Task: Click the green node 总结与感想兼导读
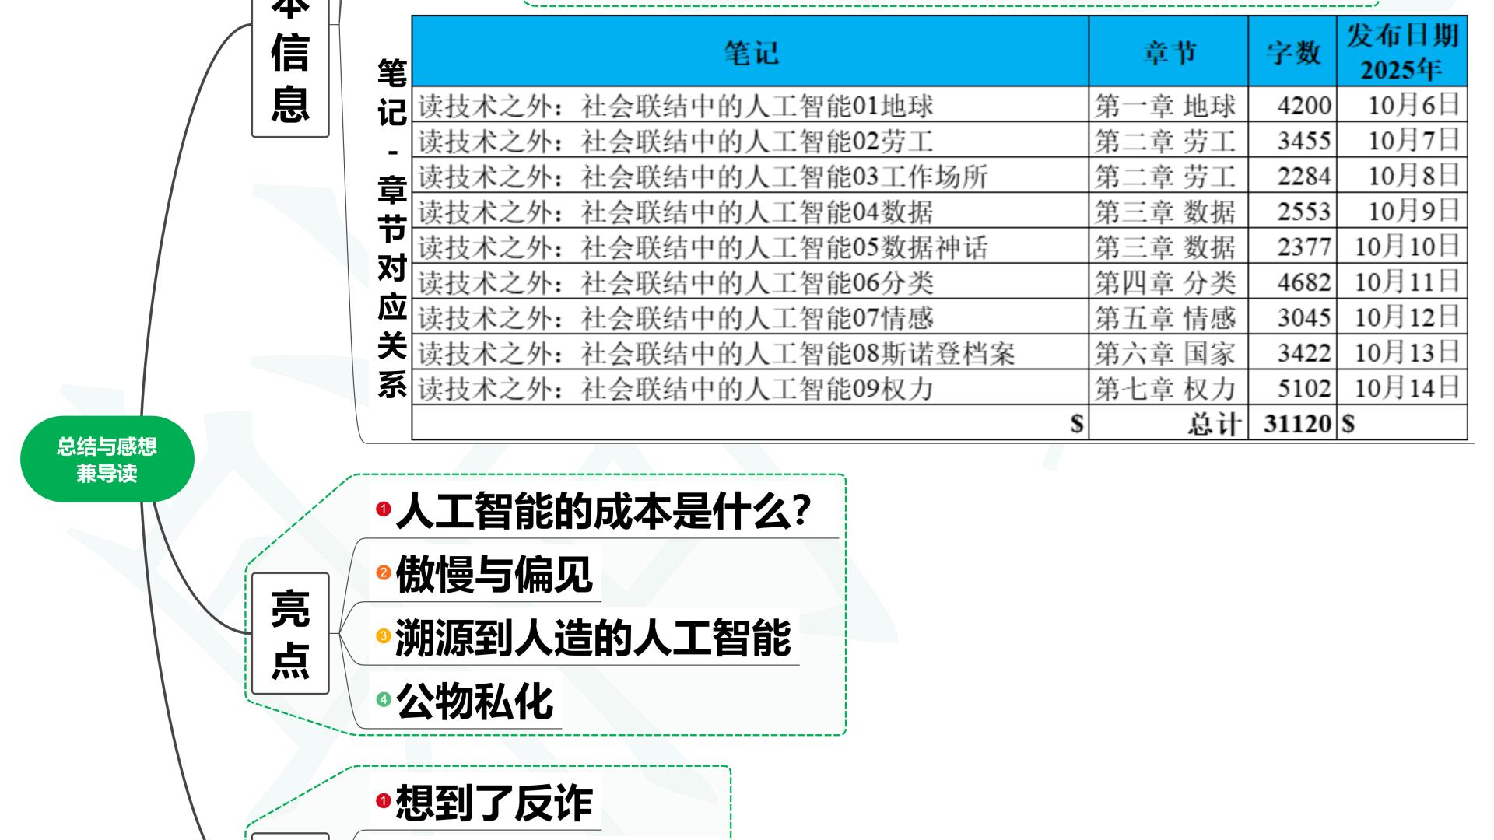(107, 459)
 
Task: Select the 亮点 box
(289, 633)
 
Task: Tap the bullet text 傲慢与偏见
(493, 575)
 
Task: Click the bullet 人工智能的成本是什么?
(603, 511)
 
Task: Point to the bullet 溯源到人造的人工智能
(592, 638)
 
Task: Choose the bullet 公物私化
(475, 701)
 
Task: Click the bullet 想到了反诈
(493, 802)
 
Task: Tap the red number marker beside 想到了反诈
(383, 800)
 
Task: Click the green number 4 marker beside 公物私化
(383, 699)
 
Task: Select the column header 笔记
(750, 52)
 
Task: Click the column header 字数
(1292, 52)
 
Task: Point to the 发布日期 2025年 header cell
(1401, 51)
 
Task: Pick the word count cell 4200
(1303, 105)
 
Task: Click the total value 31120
(1297, 423)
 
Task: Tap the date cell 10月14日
(1406, 387)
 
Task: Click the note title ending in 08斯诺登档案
(716, 353)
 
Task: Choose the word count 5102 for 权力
(1303, 387)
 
